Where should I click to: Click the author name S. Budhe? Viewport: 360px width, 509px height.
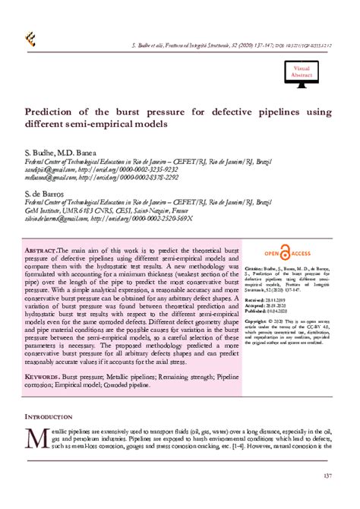(x=41, y=152)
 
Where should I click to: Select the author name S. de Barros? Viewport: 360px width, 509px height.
(x=49, y=194)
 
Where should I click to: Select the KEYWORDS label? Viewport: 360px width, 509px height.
(x=42, y=377)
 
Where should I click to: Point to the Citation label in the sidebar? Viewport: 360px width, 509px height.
(x=255, y=270)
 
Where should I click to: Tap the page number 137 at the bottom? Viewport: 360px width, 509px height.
(x=327, y=476)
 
